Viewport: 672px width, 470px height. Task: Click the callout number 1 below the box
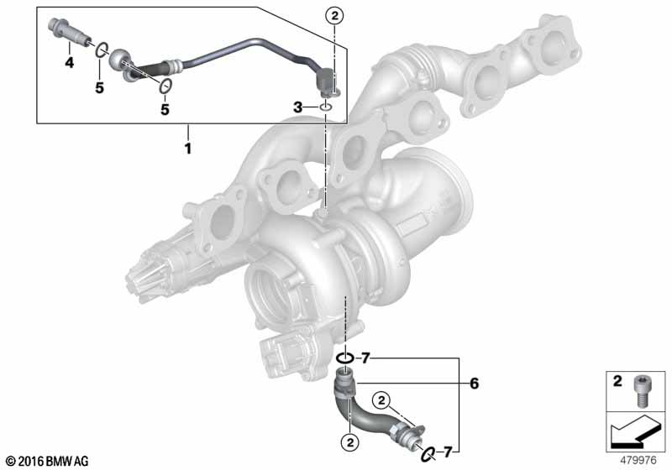(188, 150)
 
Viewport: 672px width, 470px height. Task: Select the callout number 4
(71, 63)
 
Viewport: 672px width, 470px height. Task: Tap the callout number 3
(297, 107)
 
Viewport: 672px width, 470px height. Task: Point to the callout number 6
(475, 384)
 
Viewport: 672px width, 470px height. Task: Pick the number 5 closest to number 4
(99, 88)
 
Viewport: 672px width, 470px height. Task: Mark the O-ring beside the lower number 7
(428, 453)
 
